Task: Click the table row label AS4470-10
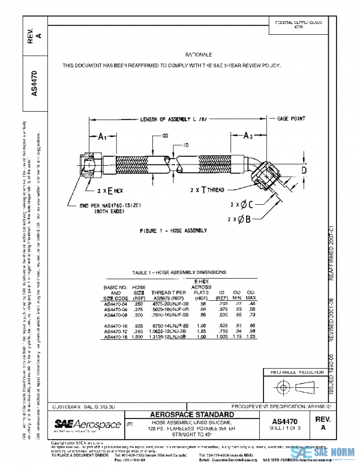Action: click(116, 325)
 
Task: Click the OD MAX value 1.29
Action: click(251, 337)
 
